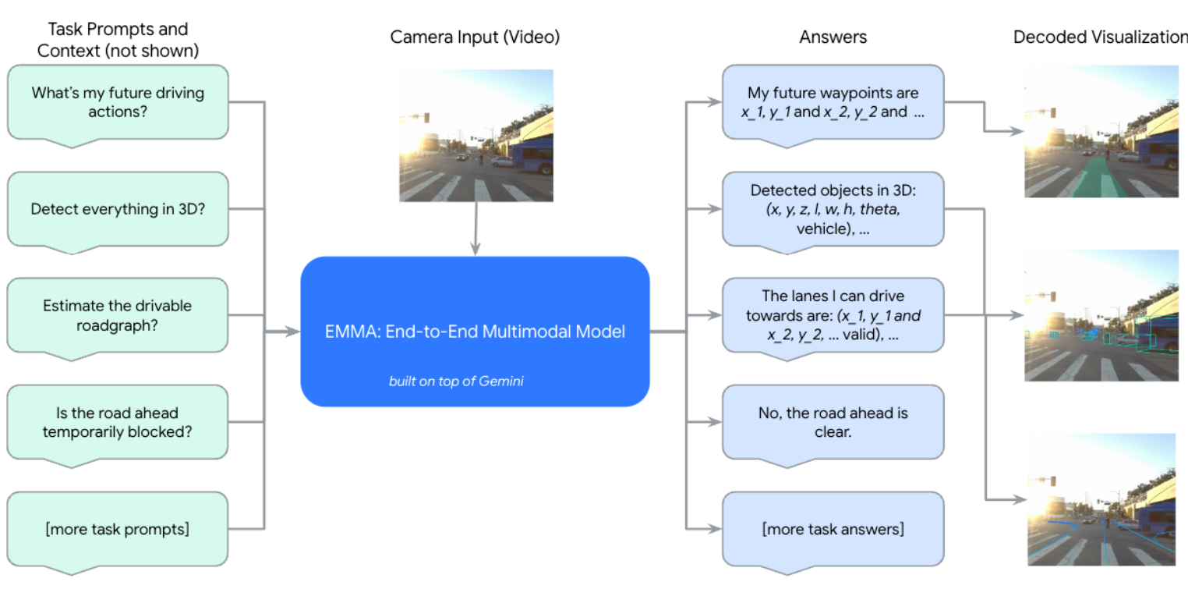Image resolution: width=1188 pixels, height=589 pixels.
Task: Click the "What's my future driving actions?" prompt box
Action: point(118,102)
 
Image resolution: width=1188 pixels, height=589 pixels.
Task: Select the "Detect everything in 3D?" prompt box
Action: point(118,209)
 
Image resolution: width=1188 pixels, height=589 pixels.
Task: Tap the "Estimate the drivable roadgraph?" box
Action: point(118,315)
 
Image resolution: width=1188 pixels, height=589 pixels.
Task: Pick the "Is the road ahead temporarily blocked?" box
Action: point(118,422)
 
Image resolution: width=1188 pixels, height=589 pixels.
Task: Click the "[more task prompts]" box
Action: point(118,529)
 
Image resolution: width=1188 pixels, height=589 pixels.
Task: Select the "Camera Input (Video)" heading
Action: point(475,37)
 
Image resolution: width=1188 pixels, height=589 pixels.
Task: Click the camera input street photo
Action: point(476,136)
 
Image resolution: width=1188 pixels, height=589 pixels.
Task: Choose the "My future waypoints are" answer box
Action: point(833,102)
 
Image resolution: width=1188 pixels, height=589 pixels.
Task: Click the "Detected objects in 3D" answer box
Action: point(833,209)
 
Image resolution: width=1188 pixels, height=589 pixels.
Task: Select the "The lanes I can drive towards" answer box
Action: point(833,315)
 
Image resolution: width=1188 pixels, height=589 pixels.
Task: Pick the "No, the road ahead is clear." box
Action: point(833,422)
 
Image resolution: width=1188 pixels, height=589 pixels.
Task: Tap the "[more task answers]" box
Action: point(833,529)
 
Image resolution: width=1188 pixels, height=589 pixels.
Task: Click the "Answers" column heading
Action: point(833,37)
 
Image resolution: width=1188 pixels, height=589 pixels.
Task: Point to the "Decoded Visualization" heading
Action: point(1099,37)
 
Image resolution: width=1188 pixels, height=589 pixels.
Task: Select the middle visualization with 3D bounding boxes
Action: point(1101,315)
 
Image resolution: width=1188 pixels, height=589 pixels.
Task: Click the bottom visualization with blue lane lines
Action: point(1101,499)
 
